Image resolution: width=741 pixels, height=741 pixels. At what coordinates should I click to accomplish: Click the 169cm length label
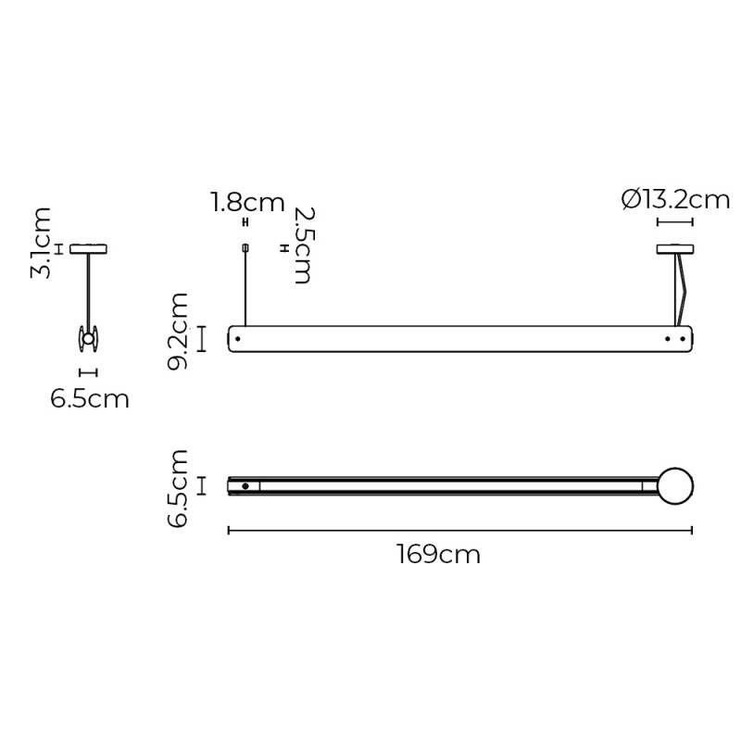[439, 555]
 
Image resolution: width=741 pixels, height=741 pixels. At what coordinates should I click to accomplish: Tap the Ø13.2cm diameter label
[676, 199]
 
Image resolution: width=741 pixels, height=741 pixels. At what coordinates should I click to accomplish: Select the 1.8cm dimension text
[246, 202]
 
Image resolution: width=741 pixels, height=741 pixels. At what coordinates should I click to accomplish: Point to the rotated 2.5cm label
[302, 245]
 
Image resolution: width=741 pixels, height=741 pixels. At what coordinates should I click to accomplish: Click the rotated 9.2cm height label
[178, 331]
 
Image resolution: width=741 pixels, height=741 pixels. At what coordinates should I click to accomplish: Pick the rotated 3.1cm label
[41, 244]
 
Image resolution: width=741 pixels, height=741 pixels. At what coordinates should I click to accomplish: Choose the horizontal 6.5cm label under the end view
[90, 399]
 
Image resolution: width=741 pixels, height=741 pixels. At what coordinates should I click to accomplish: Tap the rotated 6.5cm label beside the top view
[178, 488]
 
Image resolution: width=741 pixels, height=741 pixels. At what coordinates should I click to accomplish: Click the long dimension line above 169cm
[459, 531]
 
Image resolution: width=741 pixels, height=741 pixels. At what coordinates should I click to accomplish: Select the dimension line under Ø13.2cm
[675, 222]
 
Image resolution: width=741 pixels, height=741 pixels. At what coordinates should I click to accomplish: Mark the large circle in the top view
[675, 484]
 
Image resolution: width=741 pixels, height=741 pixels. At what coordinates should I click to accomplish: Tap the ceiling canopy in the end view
[89, 248]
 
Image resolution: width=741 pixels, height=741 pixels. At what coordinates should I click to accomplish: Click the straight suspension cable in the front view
[245, 287]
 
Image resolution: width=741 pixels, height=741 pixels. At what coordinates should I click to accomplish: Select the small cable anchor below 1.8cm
[245, 247]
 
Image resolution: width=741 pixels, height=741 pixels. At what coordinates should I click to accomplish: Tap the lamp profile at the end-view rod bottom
[89, 340]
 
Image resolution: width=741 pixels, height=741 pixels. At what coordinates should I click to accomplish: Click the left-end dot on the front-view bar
[238, 339]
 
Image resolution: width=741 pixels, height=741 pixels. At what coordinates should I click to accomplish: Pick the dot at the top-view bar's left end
[245, 485]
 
